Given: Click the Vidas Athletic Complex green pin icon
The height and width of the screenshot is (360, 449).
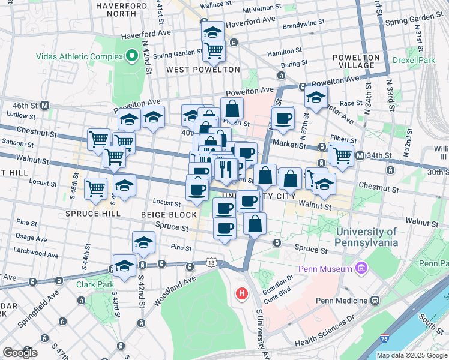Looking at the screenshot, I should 133,57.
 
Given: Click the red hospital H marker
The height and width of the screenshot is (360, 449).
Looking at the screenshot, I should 241,293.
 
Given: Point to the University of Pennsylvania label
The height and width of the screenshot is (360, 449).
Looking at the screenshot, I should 367,237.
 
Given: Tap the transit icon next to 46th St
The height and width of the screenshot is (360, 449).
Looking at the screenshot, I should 45,105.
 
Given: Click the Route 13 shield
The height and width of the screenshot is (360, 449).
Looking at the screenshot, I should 211,262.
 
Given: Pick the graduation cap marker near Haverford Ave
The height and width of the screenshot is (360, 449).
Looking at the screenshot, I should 212,32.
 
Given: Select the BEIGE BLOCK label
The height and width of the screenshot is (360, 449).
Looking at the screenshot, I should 169,214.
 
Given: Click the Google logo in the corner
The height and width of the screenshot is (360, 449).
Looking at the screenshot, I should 20,353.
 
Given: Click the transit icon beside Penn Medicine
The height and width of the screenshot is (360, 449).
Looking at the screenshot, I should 375,300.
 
